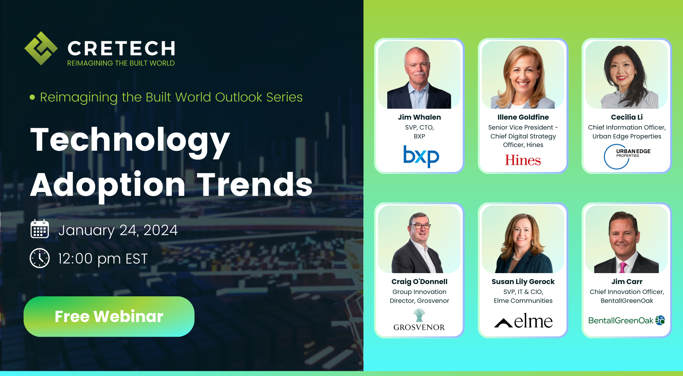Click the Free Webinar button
coord(109,317)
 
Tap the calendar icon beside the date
coord(40,229)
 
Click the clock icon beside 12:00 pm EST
coord(40,258)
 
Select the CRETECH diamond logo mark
coord(41,49)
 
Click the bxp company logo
coord(421,156)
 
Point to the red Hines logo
coord(523,160)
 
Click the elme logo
coord(523,321)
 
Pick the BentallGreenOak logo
coord(626,320)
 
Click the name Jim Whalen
coord(419,117)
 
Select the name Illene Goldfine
coord(523,117)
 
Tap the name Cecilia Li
coord(627,117)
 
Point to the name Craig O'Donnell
coord(419,282)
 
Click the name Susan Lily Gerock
coord(523,282)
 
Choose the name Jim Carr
coord(627,282)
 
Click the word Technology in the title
coord(130,140)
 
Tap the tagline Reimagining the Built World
coord(121,63)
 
